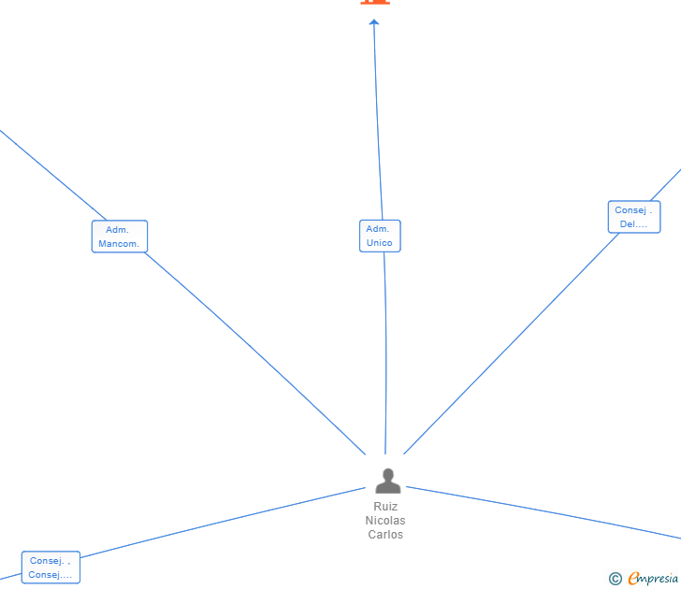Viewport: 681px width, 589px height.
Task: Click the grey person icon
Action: click(387, 481)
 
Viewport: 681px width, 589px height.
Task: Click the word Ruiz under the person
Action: click(385, 507)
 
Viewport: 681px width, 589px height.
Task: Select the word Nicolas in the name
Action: click(385, 521)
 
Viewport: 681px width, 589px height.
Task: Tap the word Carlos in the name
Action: click(385, 535)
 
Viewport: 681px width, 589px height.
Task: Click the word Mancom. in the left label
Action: click(119, 244)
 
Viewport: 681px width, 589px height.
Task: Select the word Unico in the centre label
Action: click(380, 243)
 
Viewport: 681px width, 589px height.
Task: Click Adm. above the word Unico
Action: click(378, 229)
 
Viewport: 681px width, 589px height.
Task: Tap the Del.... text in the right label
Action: click(633, 224)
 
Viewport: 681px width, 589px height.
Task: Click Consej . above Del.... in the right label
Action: click(633, 210)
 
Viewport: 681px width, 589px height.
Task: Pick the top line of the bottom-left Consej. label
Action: click(51, 561)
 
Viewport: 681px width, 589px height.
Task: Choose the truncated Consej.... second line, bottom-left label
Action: click(51, 575)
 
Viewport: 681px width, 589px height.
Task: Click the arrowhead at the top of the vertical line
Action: click(374, 22)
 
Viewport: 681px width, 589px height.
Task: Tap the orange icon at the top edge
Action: click(374, 2)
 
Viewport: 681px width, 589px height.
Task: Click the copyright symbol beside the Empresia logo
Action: click(616, 579)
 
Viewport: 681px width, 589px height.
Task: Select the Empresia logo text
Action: click(653, 579)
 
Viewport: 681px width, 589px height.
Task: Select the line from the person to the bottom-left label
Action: click(225, 522)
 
